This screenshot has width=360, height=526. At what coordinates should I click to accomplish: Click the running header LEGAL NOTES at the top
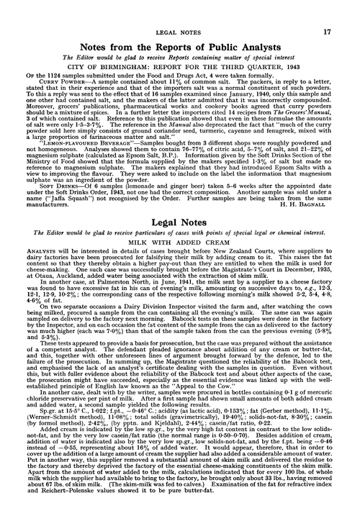tap(179, 12)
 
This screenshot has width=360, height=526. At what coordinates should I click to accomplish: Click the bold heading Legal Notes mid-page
tap(179, 268)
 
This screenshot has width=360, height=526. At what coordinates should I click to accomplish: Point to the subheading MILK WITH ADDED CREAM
tap(179, 292)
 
